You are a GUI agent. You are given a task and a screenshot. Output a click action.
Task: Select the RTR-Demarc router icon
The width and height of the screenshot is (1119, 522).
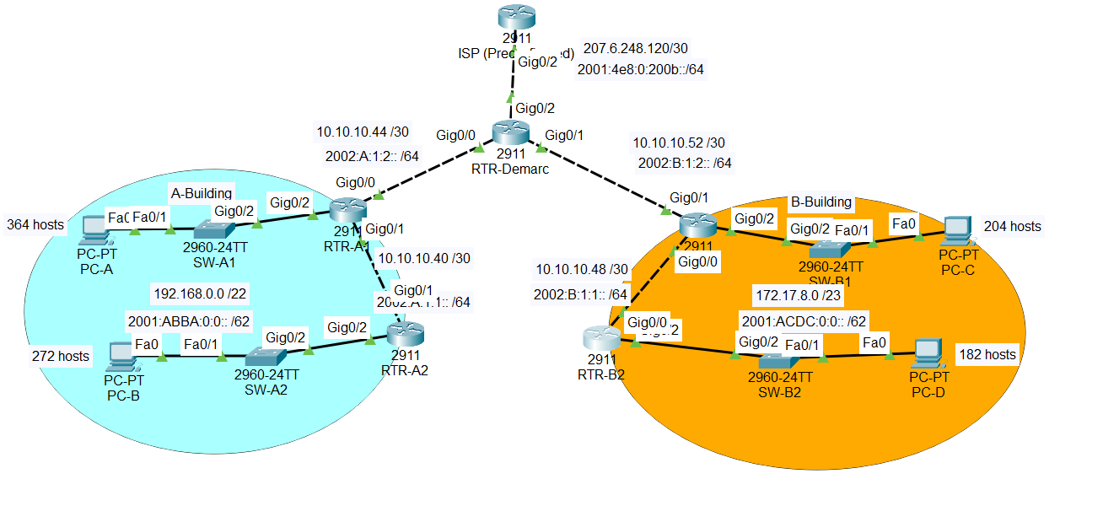(510, 132)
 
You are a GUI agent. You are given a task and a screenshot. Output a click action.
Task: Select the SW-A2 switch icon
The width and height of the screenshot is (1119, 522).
(266, 356)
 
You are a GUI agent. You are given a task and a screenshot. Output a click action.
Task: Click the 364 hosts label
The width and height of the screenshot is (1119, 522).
(35, 224)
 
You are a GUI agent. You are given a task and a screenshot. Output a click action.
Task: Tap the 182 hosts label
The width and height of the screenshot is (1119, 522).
(987, 354)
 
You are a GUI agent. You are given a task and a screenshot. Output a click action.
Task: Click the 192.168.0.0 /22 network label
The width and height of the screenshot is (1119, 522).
(200, 293)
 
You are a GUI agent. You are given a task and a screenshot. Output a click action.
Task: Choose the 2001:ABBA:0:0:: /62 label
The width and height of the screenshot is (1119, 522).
(189, 321)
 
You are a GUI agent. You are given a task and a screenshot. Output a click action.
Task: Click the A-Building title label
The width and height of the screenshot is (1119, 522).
(202, 193)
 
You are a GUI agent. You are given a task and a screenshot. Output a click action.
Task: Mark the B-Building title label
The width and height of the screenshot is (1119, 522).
(821, 202)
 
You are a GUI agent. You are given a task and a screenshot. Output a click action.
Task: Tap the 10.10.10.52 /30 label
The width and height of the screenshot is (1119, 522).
(679, 143)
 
